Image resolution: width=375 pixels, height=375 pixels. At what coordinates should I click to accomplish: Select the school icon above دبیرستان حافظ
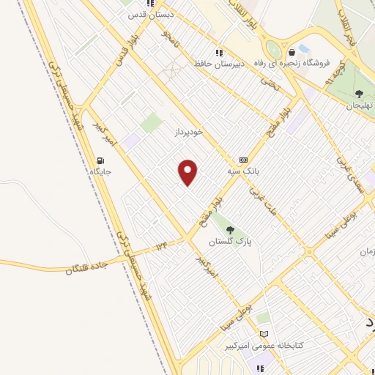coord(218,53)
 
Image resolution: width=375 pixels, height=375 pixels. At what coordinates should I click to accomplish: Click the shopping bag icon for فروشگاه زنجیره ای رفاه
coord(292,52)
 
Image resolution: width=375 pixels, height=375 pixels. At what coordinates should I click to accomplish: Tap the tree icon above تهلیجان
coord(359,93)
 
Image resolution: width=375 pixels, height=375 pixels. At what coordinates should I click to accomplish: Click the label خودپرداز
coord(187,132)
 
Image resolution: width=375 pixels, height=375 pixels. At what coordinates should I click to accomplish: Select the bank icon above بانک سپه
coord(243,160)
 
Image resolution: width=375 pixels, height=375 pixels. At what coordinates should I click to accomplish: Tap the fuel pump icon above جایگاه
coord(100,160)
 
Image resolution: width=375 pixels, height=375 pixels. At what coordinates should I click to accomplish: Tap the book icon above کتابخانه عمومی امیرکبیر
coord(264,333)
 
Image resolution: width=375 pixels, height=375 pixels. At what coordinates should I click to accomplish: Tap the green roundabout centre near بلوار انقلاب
coord(273,50)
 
